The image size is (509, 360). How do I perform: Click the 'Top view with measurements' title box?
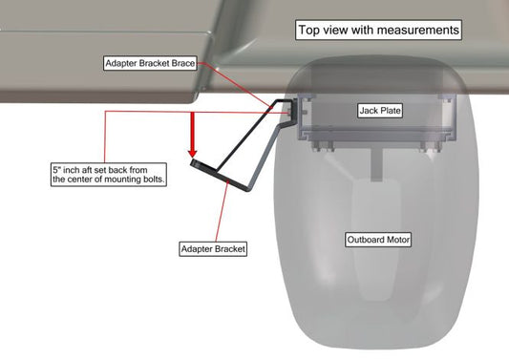pyautogui.click(x=378, y=30)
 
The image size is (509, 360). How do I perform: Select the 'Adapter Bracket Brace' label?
pyautogui.click(x=150, y=63)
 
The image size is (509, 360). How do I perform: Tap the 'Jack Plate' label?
pyautogui.click(x=380, y=111)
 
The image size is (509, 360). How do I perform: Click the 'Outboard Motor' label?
pyautogui.click(x=378, y=240)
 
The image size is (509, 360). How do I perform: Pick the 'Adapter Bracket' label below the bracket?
pyautogui.click(x=213, y=249)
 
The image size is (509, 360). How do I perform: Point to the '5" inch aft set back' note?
pyautogui.click(x=109, y=175)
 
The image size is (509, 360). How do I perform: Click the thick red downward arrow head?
pyautogui.click(x=193, y=153)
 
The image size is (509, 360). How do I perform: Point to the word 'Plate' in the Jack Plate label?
pyautogui.click(x=391, y=111)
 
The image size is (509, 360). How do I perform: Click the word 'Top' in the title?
pyautogui.click(x=306, y=31)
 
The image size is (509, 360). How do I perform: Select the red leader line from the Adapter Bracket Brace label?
pyautogui.click(x=234, y=85)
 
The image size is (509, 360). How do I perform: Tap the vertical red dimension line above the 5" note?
pyautogui.click(x=105, y=137)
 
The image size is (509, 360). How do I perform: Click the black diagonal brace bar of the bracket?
pyautogui.click(x=246, y=136)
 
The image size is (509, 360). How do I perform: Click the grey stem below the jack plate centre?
pyautogui.click(x=376, y=164)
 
